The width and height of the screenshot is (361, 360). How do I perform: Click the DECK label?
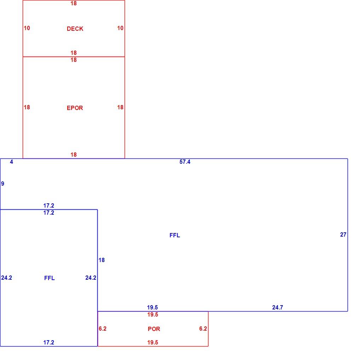(x=75, y=29)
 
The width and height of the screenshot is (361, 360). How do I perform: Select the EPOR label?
(x=75, y=108)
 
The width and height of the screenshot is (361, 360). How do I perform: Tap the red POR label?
(x=154, y=329)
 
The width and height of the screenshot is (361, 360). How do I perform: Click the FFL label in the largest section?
(x=175, y=235)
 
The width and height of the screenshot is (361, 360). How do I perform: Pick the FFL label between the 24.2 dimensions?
(x=50, y=278)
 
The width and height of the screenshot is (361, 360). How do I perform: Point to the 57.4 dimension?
(x=185, y=162)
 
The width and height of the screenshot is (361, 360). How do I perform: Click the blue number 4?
(x=12, y=162)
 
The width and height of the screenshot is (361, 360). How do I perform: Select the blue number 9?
(x=2, y=184)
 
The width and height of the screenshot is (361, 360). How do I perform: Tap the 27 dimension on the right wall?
(x=343, y=234)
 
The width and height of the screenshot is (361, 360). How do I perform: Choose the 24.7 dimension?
(x=277, y=307)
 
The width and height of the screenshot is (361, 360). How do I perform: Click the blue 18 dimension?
(x=102, y=260)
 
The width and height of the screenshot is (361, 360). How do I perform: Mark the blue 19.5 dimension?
(x=153, y=307)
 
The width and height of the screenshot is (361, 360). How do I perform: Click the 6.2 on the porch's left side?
(x=102, y=329)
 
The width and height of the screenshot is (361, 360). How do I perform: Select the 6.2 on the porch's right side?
(x=203, y=329)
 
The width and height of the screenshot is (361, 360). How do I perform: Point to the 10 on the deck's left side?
(x=27, y=28)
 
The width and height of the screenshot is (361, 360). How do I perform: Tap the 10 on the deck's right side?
(x=120, y=28)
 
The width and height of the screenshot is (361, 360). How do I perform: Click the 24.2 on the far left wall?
(x=6, y=278)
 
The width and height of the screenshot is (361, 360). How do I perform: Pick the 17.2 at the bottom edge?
(x=48, y=342)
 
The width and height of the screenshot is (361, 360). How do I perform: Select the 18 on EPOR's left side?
(x=27, y=107)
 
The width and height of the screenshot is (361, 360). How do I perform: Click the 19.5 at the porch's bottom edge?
(x=153, y=342)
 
